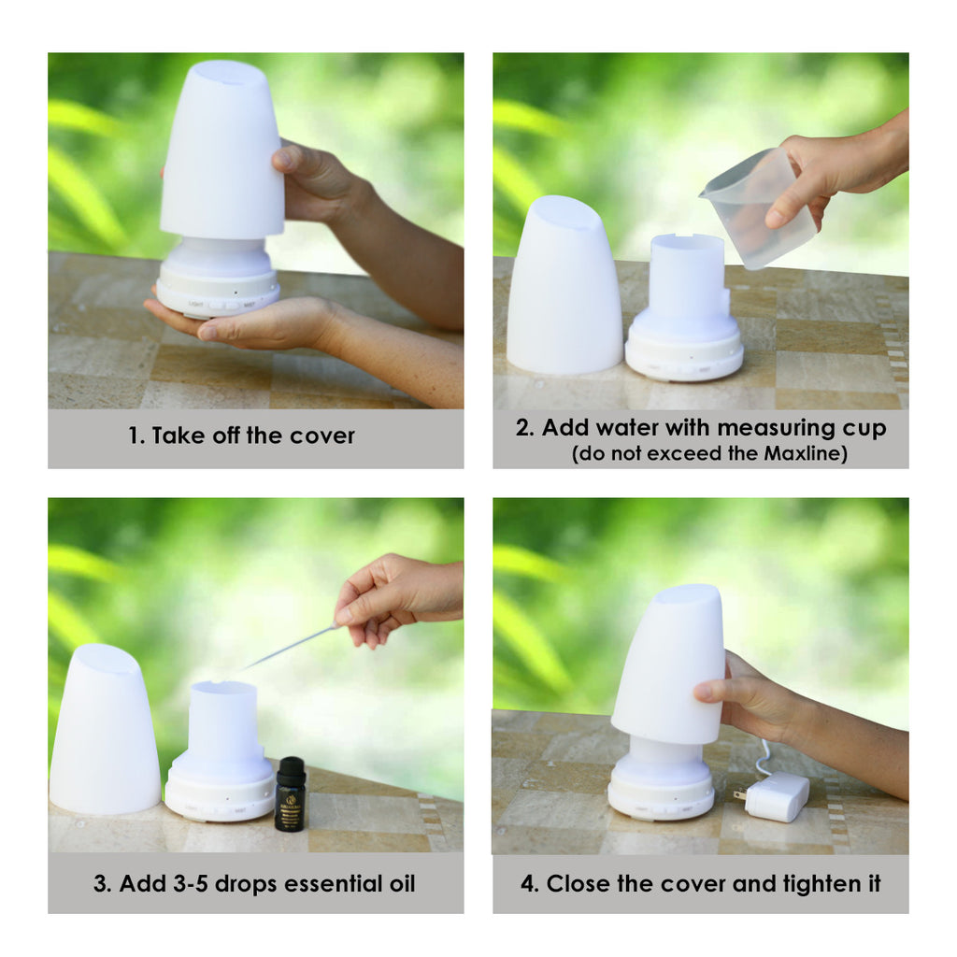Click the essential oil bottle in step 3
290,796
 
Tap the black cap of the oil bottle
291,768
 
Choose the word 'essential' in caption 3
316,884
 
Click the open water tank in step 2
687,280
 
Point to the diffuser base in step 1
218,280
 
